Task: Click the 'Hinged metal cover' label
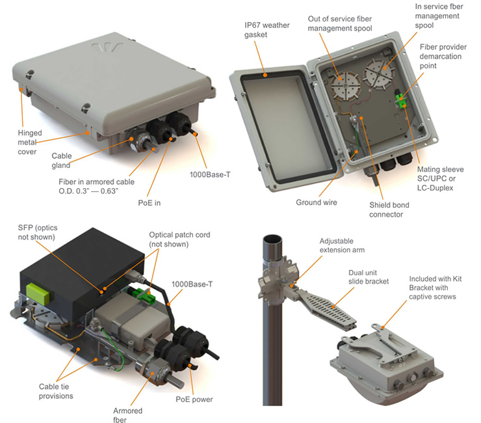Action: coord(30,143)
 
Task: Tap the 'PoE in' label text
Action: coord(149,203)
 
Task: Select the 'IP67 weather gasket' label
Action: coord(267,30)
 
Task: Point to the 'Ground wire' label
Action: coord(317,202)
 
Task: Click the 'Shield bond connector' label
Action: coord(389,210)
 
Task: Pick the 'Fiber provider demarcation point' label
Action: coord(443,56)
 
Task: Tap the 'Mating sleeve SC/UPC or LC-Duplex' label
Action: coord(440,178)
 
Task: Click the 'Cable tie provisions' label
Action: coord(56,391)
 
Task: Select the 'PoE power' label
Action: coord(194,400)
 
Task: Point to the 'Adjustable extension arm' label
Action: coord(342,245)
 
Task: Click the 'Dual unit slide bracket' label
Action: coord(369,277)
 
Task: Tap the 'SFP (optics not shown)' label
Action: coord(38,232)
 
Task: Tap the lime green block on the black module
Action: coord(38,294)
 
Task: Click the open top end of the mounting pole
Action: coord(273,239)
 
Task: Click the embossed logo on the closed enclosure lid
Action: coord(108,47)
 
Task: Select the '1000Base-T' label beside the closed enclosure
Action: coord(210,175)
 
